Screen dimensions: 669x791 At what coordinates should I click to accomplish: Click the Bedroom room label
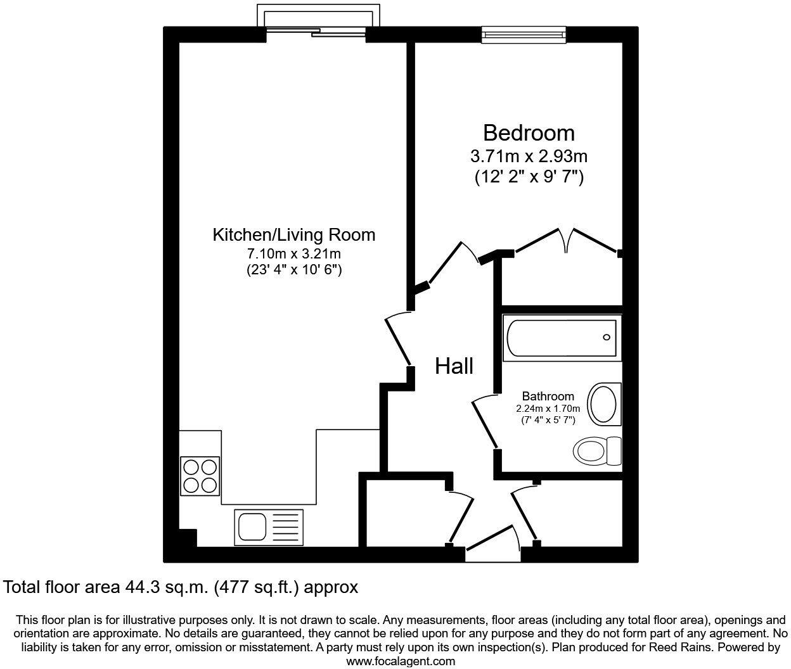529,133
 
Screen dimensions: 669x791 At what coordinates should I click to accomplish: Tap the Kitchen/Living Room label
293,235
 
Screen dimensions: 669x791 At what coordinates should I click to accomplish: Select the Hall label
454,366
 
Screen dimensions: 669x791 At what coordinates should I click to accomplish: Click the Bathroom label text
548,396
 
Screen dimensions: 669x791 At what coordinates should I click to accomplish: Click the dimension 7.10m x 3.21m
293,254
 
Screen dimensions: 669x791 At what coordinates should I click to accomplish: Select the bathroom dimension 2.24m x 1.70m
548,409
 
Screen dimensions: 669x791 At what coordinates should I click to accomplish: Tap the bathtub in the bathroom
561,338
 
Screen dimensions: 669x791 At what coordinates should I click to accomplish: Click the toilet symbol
597,451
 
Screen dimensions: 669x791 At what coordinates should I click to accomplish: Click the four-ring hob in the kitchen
200,476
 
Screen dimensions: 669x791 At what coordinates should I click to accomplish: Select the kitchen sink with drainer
269,526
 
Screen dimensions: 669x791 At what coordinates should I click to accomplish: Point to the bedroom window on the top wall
523,34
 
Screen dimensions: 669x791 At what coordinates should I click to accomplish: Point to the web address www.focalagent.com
401,661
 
